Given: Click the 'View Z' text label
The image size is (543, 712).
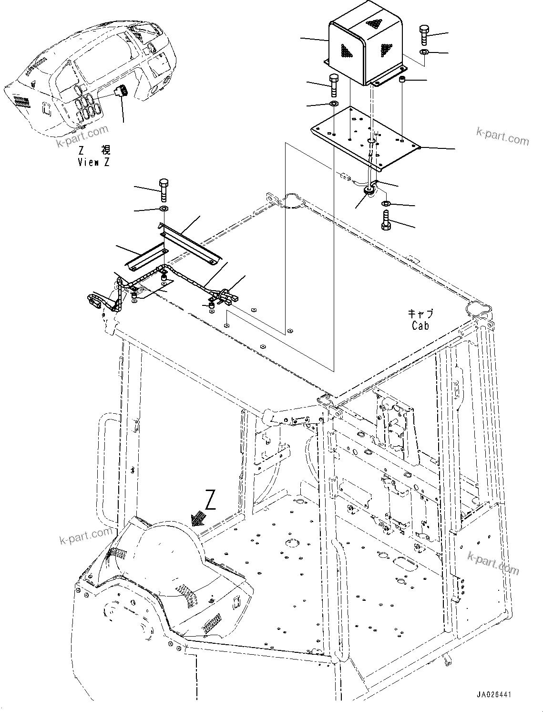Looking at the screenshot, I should (x=94, y=162).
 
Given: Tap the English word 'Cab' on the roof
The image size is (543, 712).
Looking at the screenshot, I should (x=420, y=325).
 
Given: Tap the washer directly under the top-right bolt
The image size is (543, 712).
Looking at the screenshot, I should (x=424, y=51).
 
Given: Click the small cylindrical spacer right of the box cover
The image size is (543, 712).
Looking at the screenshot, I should (x=403, y=79).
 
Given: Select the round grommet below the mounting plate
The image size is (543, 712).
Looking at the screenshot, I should (x=369, y=191).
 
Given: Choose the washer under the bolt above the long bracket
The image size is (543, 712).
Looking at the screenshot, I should (x=164, y=209).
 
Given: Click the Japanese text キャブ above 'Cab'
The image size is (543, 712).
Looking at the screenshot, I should (x=420, y=314).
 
